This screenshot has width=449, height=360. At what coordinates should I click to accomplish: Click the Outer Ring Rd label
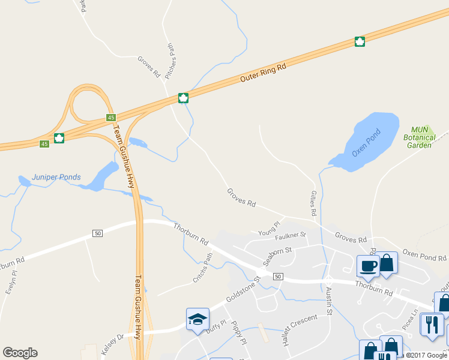(x=263, y=73)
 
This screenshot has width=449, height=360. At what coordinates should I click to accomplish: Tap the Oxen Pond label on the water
(x=367, y=145)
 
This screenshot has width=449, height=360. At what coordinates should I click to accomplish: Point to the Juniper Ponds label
(x=56, y=178)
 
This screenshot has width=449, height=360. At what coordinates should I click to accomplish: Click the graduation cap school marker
(x=197, y=320)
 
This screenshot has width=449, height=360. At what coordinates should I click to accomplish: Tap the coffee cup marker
(x=367, y=265)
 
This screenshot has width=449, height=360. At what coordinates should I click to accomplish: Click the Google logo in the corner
(x=20, y=353)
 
